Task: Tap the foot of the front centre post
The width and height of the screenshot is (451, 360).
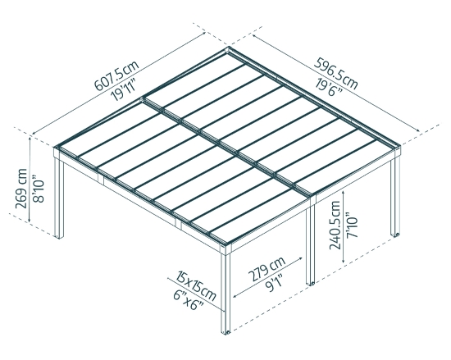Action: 226,333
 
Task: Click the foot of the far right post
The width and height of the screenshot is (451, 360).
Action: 399,236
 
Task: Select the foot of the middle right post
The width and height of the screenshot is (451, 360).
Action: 312,283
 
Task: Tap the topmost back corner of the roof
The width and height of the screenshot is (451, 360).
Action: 229,50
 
